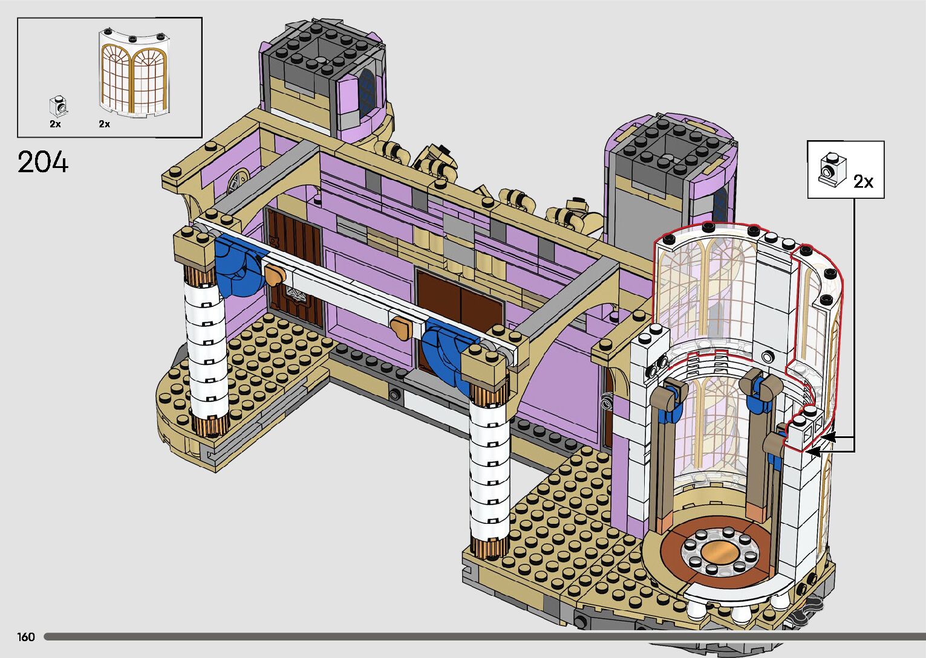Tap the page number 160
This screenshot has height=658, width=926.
(25, 636)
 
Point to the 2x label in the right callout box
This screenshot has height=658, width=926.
(864, 182)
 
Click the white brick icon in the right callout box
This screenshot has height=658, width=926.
(832, 170)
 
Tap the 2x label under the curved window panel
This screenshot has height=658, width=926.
(105, 124)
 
